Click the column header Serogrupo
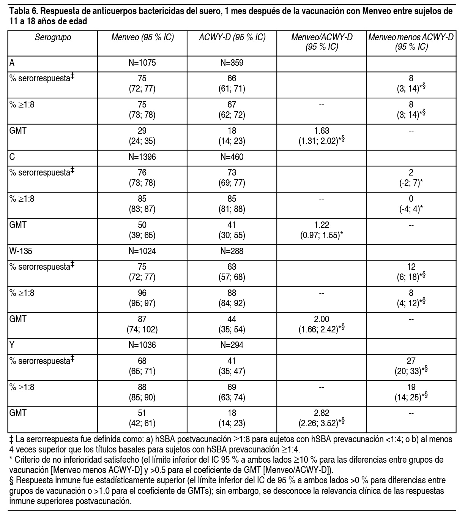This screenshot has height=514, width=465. pos(53,37)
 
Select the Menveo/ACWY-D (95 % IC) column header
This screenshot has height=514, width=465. pos(322,42)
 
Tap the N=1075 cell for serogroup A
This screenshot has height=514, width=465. pos(142,63)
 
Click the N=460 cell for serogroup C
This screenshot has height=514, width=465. pos(232,157)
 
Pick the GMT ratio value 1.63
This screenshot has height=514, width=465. pos(322,131)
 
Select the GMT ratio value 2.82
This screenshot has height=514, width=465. pos(322,413)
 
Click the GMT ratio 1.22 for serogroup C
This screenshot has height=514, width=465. pos(322,225)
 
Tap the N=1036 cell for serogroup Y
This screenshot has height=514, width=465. pos(142,345)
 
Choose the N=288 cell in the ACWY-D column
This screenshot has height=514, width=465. pos(232,251)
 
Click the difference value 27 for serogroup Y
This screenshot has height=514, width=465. pos(411,361)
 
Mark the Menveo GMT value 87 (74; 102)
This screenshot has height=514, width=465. pos(142,324)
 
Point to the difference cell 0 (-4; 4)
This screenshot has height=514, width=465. pos(411,204)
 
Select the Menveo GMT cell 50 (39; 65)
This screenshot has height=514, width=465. pos(142,230)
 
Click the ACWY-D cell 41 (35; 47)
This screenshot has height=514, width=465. pos(232,365)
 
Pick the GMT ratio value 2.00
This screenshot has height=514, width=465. pos(322,319)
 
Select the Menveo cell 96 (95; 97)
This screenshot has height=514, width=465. pos(142,297)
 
